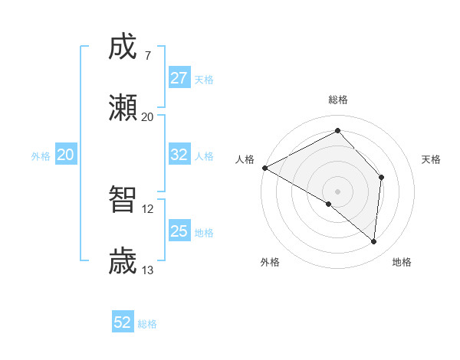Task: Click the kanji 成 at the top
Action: [123, 47]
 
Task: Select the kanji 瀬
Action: [123, 108]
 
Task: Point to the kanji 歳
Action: [123, 261]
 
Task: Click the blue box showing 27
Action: [179, 78]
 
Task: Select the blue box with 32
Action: [179, 155]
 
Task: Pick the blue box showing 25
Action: [179, 231]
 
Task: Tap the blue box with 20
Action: [65, 155]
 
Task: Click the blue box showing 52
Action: [123, 322]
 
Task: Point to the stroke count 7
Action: [147, 56]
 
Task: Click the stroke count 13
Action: [147, 270]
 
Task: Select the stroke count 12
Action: [147, 209]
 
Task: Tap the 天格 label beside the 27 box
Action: [204, 79]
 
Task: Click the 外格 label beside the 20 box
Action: [41, 155]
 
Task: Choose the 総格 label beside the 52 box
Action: [147, 323]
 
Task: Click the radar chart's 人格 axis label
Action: [245, 159]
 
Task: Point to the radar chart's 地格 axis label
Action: [402, 262]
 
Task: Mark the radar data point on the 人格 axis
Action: [264, 168]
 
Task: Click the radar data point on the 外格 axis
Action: [329, 204]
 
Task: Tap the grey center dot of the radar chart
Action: [337, 191]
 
